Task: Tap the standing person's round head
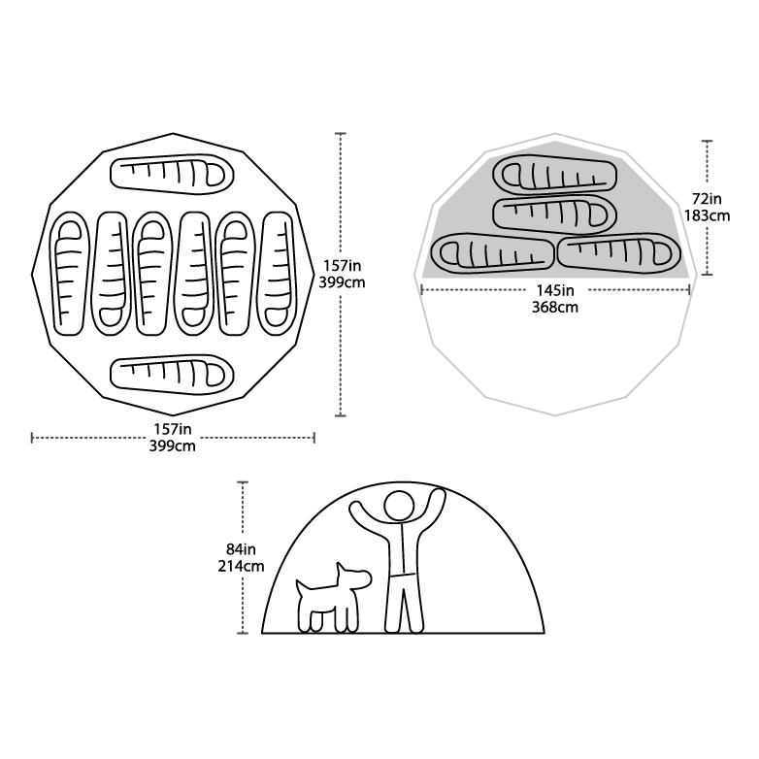(400, 507)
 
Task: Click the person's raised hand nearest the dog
(357, 509)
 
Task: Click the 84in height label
(241, 549)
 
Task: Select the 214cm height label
(241, 566)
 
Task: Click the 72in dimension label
(707, 199)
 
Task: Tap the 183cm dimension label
(707, 215)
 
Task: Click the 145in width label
(555, 290)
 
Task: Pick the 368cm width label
(555, 308)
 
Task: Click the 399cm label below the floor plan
(173, 445)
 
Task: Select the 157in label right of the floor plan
(343, 266)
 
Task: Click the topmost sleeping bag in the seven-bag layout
(172, 175)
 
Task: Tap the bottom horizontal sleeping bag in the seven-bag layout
(172, 375)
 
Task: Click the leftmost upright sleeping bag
(69, 274)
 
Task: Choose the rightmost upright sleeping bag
(277, 274)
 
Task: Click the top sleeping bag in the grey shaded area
(555, 176)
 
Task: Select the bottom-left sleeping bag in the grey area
(492, 253)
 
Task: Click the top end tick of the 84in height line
(243, 482)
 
